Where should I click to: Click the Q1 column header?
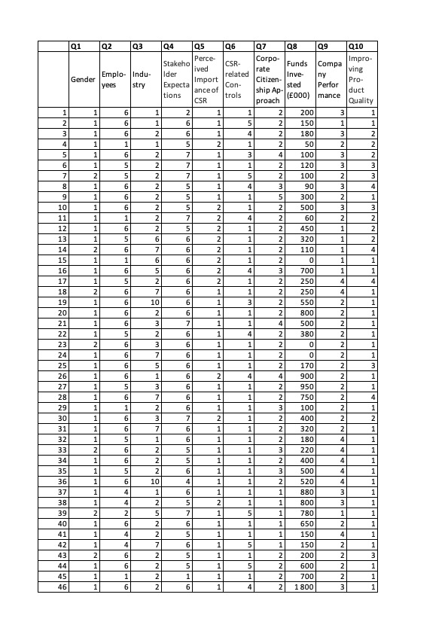pos(83,46)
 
